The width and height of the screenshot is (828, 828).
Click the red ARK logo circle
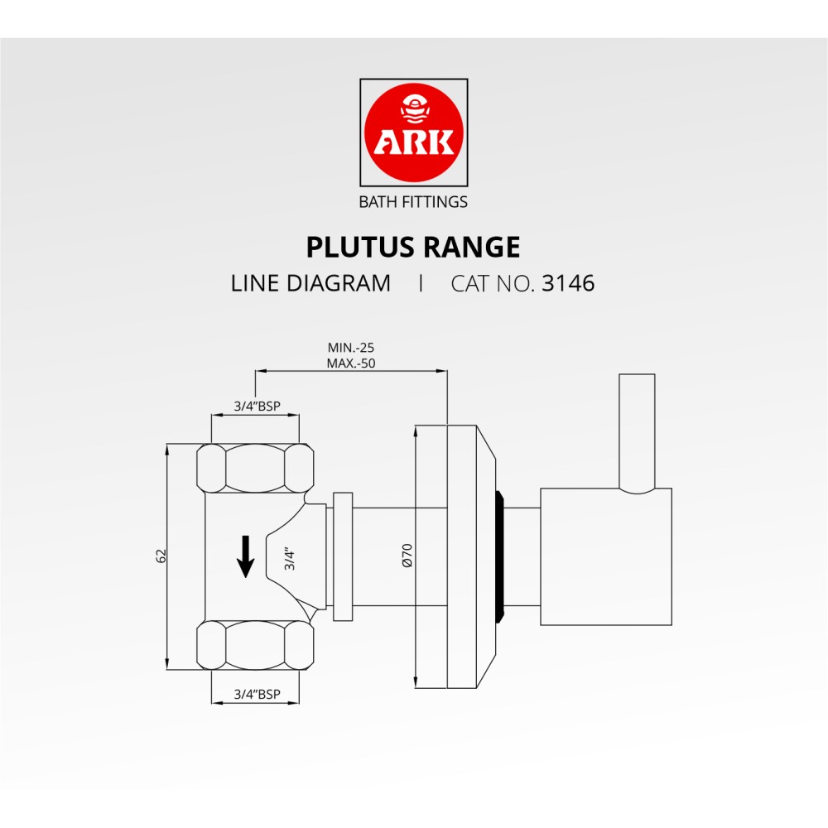413,132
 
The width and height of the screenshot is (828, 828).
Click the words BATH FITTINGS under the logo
413,201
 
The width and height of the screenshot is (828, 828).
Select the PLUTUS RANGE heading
413,248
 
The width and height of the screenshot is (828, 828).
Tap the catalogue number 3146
568,283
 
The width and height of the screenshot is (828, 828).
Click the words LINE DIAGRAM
311,283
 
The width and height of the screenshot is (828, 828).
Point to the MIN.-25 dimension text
345,348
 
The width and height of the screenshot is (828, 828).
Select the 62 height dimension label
161,556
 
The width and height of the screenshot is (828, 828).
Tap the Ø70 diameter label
407,556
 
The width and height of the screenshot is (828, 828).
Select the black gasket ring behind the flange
499,556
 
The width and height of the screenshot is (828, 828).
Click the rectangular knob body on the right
606,556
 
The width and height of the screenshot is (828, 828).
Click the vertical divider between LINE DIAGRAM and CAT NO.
421,283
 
